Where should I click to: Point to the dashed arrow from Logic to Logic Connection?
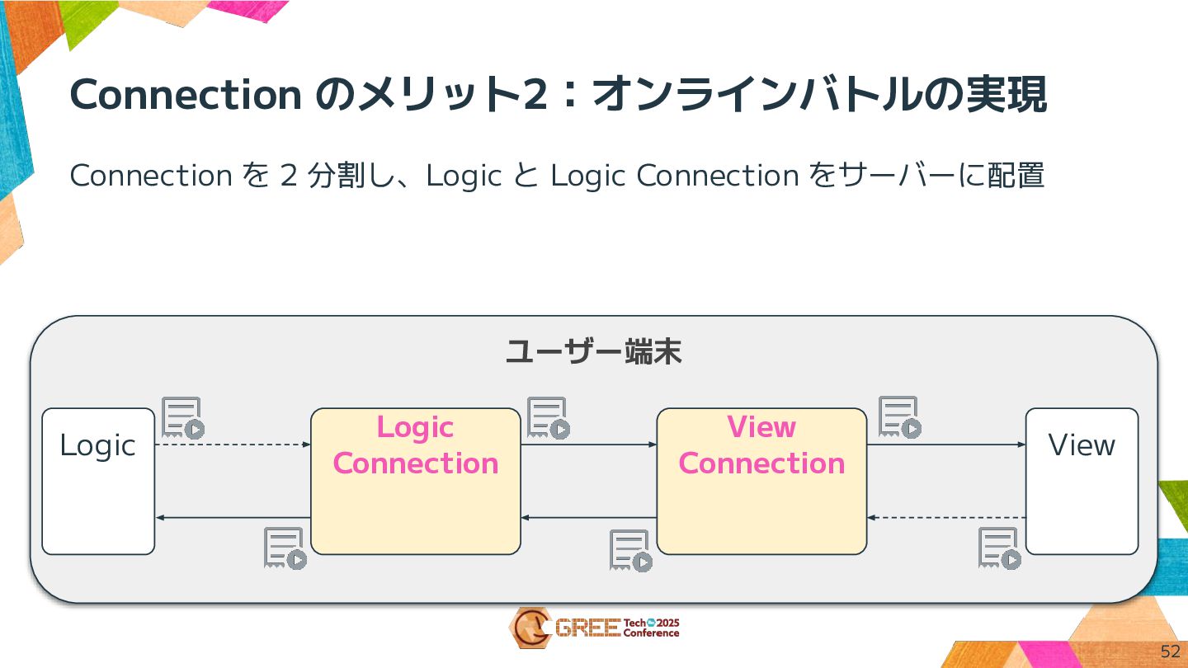tap(233, 445)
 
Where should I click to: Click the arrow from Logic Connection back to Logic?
tap(233, 518)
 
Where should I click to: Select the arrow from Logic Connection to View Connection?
tap(588, 445)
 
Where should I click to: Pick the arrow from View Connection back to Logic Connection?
tap(588, 518)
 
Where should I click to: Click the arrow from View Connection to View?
tap(945, 445)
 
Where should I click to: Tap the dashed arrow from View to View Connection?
tap(945, 518)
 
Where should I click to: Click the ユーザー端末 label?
tap(593, 353)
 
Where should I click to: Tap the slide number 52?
tap(1170, 652)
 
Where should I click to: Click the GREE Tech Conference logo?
tap(594, 628)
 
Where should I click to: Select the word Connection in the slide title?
tap(186, 96)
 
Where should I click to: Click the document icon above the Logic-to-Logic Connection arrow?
tap(182, 418)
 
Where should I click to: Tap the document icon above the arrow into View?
tap(899, 418)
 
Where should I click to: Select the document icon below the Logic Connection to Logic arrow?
tap(285, 548)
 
